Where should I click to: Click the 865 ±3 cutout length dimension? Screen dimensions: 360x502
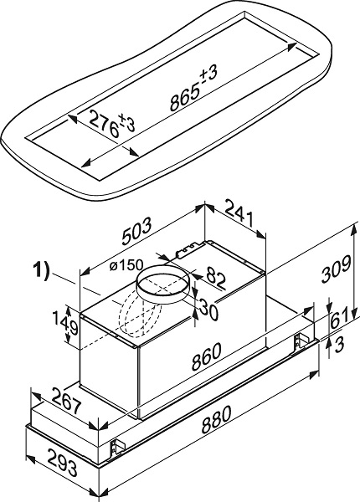pos(194,87)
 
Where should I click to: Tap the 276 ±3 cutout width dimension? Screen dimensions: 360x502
pos(112,124)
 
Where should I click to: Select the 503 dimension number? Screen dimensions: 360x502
pos(136,230)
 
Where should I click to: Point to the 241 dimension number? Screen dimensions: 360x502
pos(239,212)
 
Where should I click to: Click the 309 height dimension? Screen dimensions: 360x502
pos(336,269)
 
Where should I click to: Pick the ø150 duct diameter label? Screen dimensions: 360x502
pos(126,265)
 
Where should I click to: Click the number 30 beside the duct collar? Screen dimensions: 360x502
pos(208,309)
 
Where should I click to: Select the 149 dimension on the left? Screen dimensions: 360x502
pos(71,323)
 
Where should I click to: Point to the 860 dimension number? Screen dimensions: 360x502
pos(206,356)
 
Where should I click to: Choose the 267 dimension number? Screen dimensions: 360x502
pos(67,401)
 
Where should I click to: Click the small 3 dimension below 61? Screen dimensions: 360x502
pos(339,344)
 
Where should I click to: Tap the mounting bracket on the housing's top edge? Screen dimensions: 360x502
pos(189,249)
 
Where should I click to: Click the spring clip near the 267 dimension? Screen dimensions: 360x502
pos(116,446)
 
